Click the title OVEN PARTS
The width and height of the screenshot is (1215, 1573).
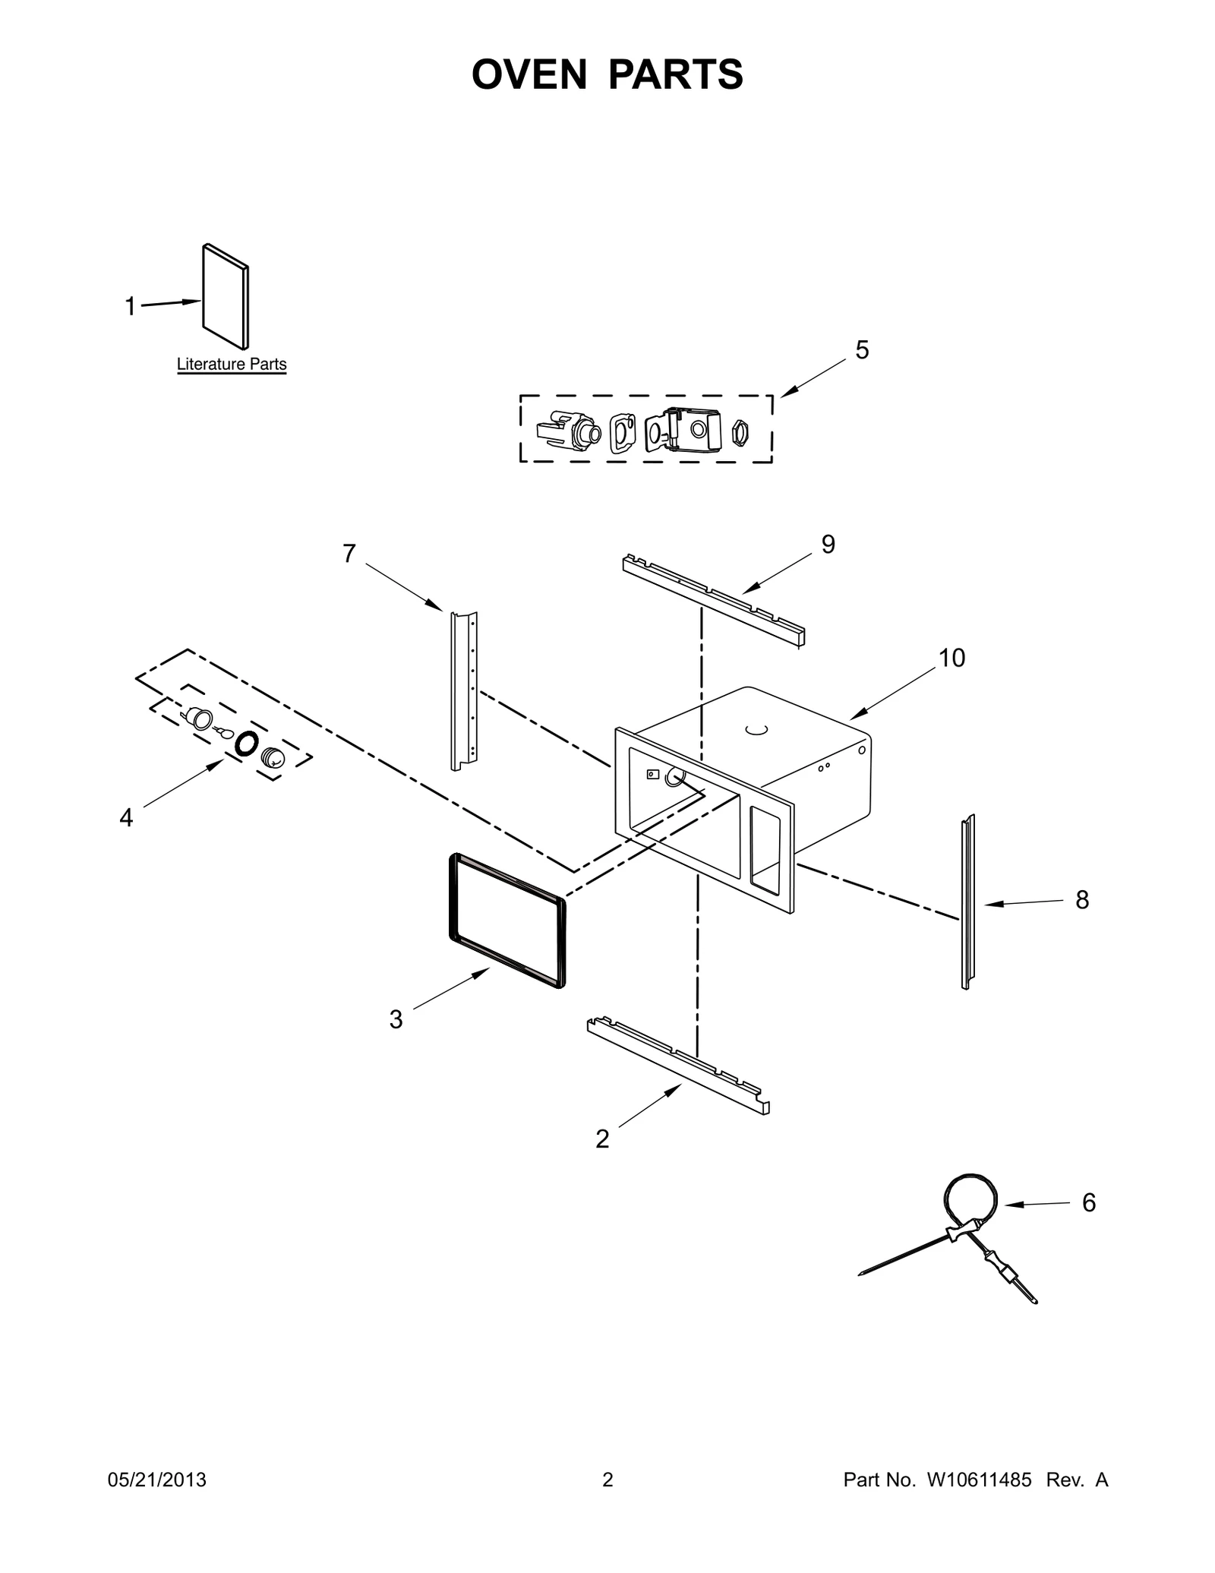point(607,74)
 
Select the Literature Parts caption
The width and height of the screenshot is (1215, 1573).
point(232,364)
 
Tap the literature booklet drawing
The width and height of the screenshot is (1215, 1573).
point(226,297)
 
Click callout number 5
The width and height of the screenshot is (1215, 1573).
point(862,350)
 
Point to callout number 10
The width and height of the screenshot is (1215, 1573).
point(952,658)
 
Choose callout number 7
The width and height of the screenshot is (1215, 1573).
point(349,554)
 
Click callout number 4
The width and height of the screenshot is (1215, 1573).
point(126,818)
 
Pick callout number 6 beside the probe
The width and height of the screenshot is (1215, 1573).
point(1089,1202)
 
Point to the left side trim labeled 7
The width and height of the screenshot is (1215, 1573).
point(464,690)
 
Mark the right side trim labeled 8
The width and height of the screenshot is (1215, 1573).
point(967,902)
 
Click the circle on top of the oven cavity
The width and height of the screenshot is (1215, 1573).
point(756,730)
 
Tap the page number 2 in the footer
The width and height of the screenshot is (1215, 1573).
point(607,1480)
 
